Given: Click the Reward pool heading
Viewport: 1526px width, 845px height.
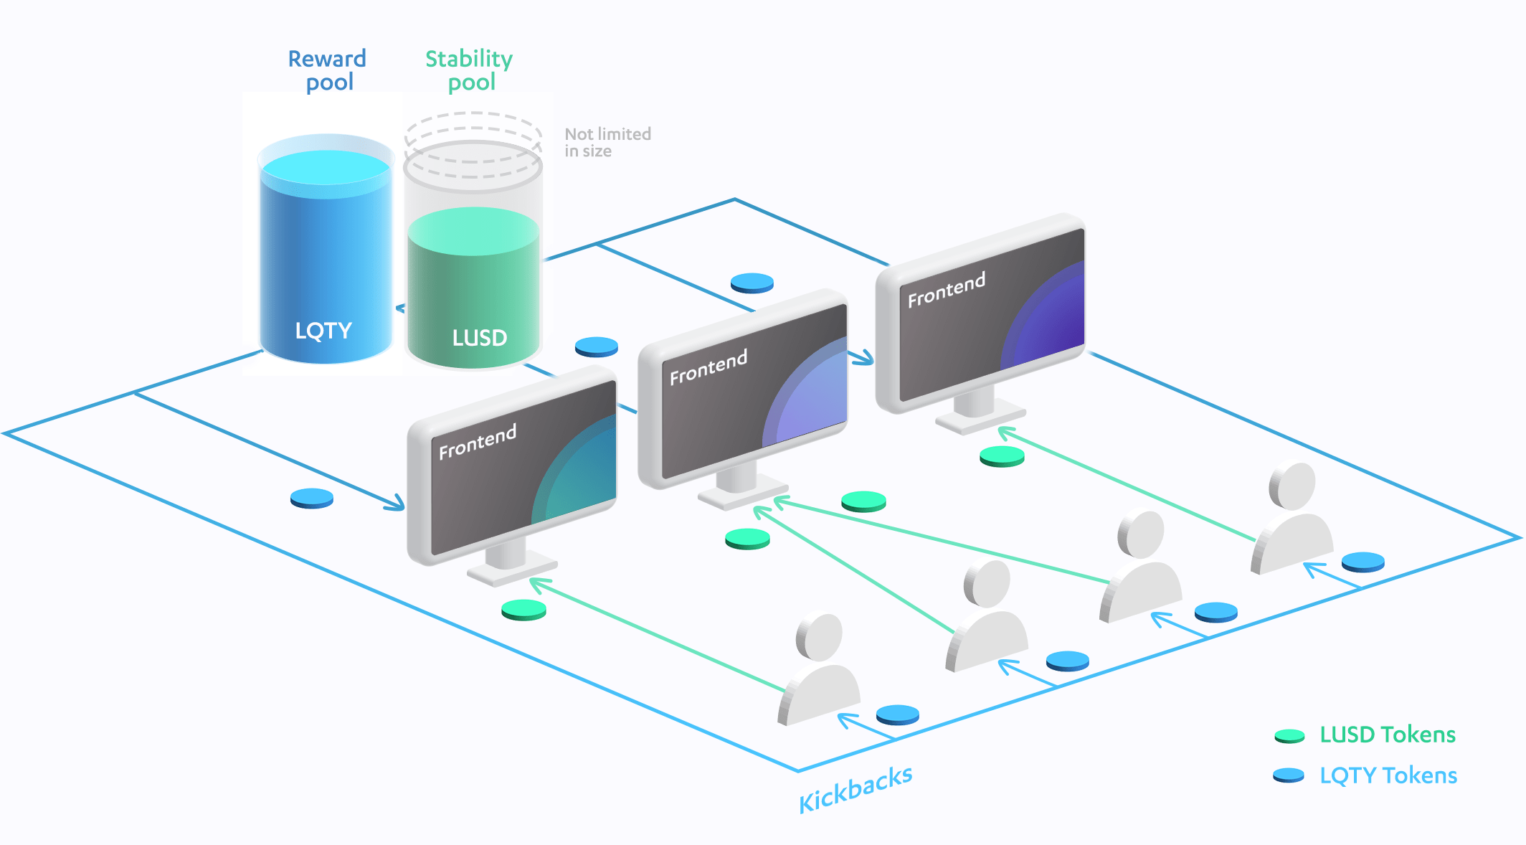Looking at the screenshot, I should [x=327, y=70].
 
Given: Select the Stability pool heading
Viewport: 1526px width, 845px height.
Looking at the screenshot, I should [x=469, y=70].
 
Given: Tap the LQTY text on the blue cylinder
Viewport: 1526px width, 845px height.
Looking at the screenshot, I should [x=323, y=331].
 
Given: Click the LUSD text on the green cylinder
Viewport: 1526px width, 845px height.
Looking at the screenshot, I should [x=479, y=338].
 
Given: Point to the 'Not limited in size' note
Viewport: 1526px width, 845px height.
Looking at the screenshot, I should [x=607, y=142].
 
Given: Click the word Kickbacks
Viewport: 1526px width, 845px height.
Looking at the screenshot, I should [x=856, y=788].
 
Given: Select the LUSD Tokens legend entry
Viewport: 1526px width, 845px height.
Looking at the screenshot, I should [x=1387, y=735].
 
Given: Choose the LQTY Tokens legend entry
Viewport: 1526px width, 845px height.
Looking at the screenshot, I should [x=1388, y=775].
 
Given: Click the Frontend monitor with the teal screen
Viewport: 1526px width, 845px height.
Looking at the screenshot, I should [x=512, y=466].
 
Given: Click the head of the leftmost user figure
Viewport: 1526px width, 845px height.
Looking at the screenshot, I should [x=819, y=636].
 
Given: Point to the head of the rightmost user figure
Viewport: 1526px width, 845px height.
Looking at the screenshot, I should [x=1292, y=486].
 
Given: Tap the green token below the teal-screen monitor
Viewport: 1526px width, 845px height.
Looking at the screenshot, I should [x=523, y=610].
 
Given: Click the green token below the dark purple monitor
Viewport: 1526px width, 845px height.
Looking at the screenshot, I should [x=1002, y=456].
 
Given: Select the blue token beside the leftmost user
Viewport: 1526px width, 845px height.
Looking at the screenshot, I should [x=897, y=714].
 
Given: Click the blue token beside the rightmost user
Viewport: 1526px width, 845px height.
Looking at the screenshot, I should [x=1362, y=562].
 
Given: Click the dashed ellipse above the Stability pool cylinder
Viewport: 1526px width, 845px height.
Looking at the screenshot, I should [x=473, y=129].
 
